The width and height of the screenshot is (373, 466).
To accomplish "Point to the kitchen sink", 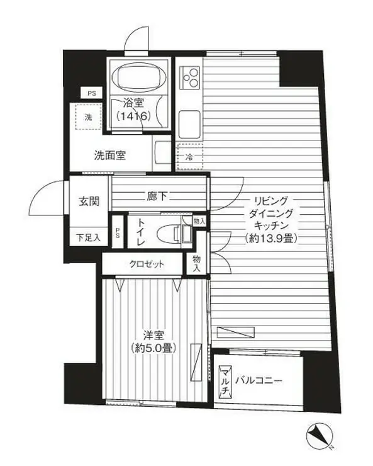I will tap(189, 120).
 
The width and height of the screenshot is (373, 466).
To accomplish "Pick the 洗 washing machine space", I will tap(88, 116).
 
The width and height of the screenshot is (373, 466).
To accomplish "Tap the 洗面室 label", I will tap(110, 156).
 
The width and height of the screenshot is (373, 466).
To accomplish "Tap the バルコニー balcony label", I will tap(259, 380).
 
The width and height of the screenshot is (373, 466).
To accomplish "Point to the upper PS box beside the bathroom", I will tap(92, 93).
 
